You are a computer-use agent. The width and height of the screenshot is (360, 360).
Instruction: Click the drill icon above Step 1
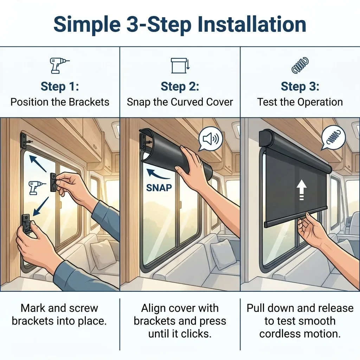(x=59, y=65)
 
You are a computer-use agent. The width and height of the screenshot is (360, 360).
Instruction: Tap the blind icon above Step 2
(x=180, y=65)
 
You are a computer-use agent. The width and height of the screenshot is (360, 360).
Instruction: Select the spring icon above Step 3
(x=300, y=65)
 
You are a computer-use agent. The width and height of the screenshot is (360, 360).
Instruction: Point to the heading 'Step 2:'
(x=180, y=86)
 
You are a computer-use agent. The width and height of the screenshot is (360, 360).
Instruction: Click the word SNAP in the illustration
(x=159, y=188)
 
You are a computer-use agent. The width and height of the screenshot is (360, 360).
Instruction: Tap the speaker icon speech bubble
(x=210, y=139)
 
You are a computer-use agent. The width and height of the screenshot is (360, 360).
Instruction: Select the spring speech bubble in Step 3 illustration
(x=333, y=139)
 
